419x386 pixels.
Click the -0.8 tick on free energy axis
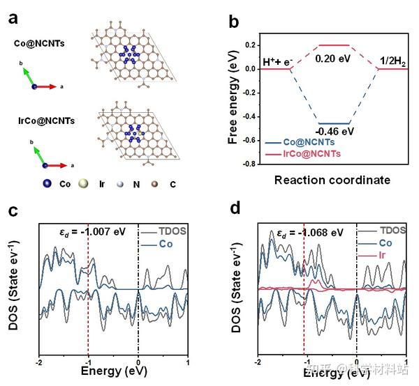(248, 165)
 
